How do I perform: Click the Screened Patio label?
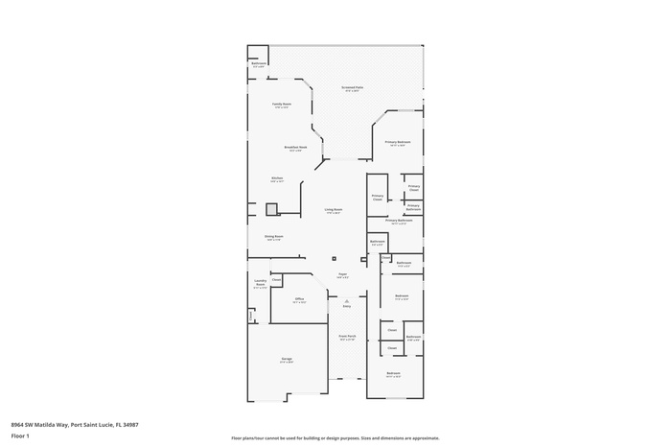tap(352, 89)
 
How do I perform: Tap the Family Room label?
tap(282, 105)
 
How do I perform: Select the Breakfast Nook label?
tap(295, 149)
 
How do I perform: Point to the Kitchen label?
tap(277, 178)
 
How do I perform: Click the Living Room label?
tap(333, 210)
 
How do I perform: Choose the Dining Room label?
tap(274, 237)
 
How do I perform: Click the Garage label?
tap(286, 361)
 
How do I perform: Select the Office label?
tap(299, 300)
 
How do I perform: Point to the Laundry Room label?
tap(260, 285)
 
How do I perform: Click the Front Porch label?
tap(346, 338)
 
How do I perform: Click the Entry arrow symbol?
tap(346, 302)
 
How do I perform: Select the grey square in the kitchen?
tap(271, 209)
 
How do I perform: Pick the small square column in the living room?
tap(335, 258)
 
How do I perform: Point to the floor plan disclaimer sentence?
tap(335, 436)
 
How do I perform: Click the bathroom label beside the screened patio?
tap(259, 65)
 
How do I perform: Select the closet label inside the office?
tap(276, 280)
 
